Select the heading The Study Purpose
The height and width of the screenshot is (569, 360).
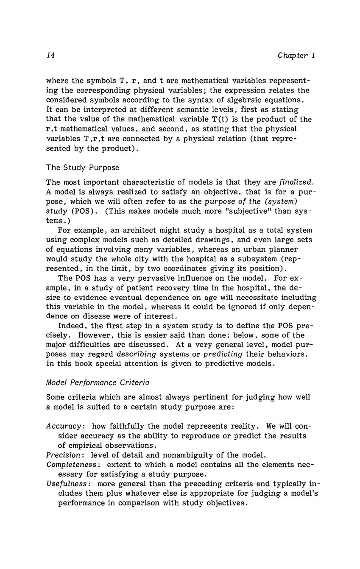tap(83, 167)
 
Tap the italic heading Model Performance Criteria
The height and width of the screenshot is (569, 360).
tap(98, 382)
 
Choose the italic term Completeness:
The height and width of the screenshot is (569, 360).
tap(72, 465)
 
